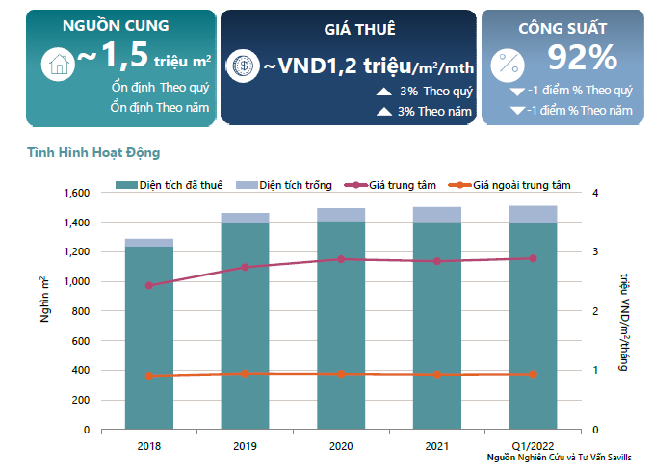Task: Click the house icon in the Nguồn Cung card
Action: coord(57,65)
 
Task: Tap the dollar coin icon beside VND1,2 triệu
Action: coord(243,66)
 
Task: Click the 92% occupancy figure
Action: coord(582,59)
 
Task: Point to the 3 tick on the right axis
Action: coord(595,251)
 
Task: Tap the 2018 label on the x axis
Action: coord(149,445)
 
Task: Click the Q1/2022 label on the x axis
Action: coord(532,445)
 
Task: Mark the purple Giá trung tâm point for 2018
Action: coord(149,285)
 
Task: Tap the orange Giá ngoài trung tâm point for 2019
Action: coord(245,373)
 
